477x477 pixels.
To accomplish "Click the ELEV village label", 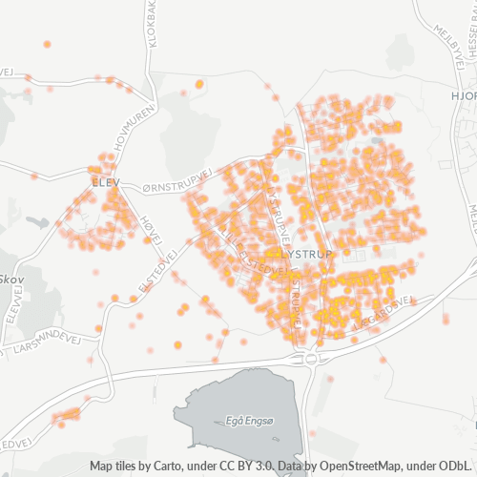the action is pos(101,180).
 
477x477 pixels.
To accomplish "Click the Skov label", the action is pos(11,280).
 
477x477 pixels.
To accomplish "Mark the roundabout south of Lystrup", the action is pos(312,360).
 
